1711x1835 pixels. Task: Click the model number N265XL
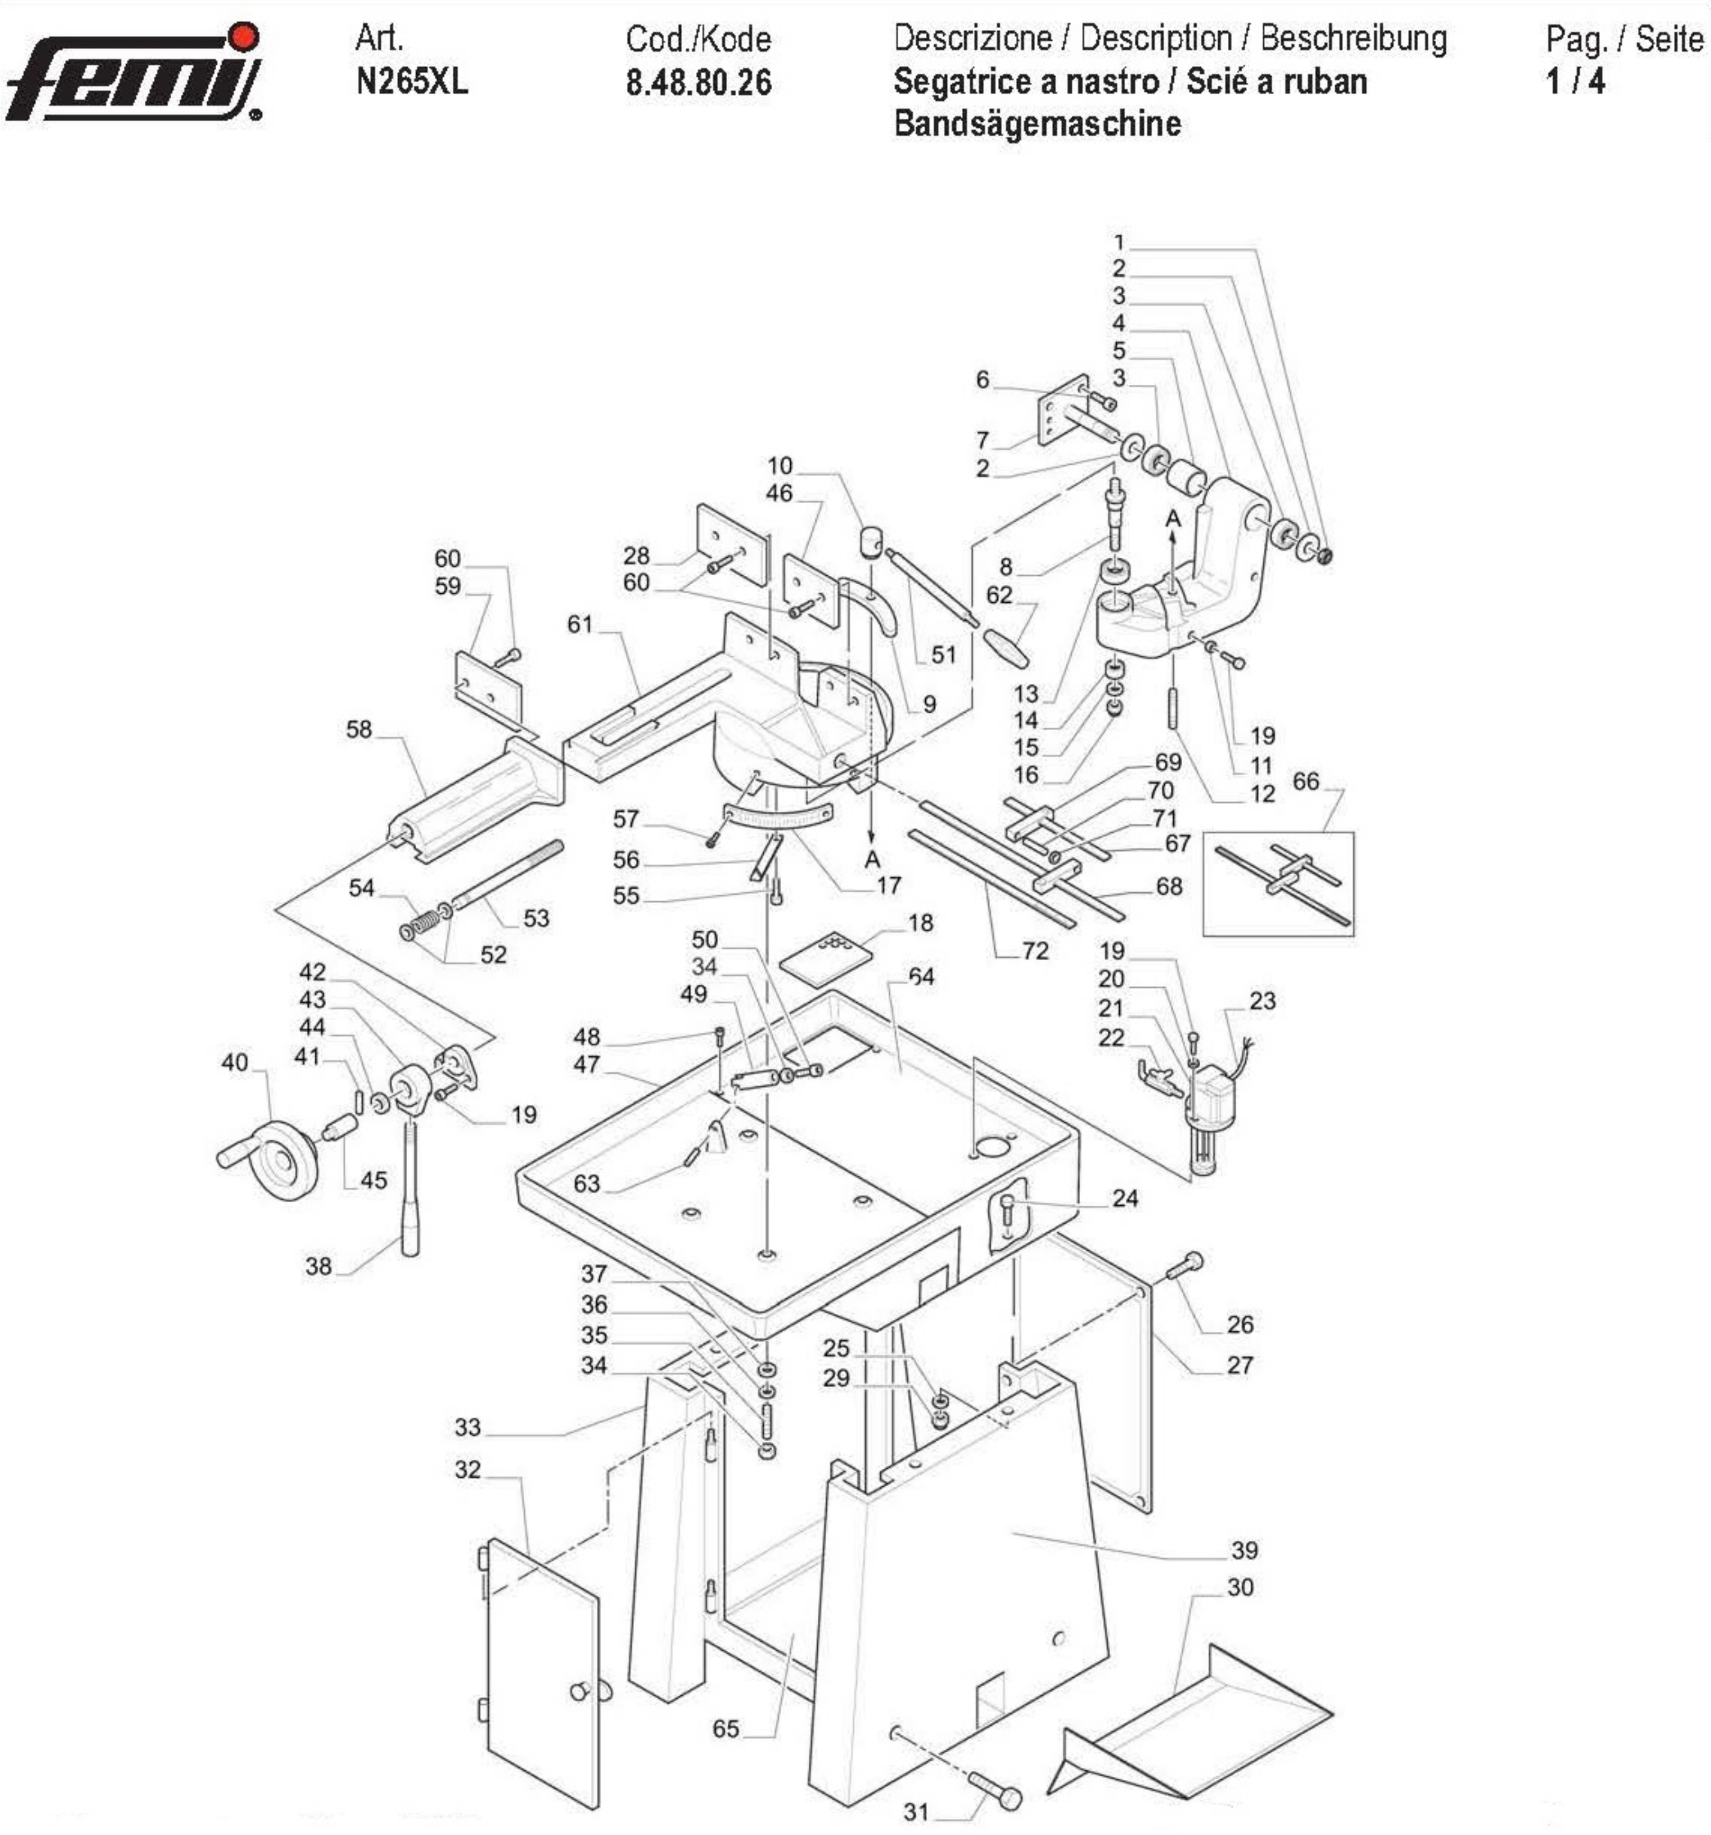coord(412,82)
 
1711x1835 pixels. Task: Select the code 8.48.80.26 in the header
coord(698,83)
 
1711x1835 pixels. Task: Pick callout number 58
coord(358,729)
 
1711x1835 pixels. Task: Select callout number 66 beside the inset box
coord(1305,782)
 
